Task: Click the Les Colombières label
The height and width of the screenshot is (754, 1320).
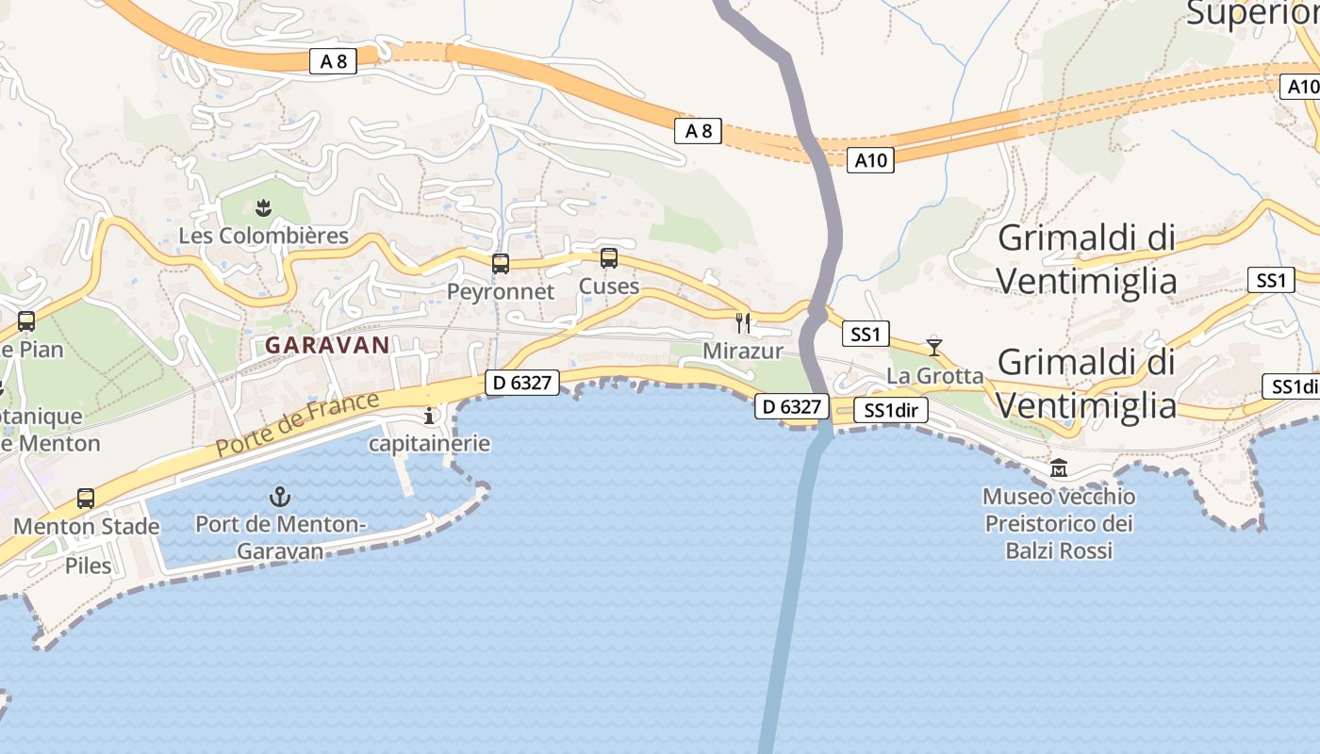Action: [x=263, y=236]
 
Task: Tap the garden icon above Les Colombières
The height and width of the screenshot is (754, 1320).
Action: [x=263, y=207]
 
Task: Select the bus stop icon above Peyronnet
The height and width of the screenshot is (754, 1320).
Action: [x=501, y=264]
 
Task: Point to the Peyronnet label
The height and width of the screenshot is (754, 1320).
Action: [x=501, y=291]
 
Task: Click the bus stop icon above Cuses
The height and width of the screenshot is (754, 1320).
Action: [x=609, y=257]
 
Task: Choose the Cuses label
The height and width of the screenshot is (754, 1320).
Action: [x=609, y=286]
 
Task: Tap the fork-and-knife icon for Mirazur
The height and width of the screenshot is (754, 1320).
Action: [x=743, y=323]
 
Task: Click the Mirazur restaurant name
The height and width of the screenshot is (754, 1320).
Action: [x=743, y=352]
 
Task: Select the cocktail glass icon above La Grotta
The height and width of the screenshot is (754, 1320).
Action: [x=933, y=346]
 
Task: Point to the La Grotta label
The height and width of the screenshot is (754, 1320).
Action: [x=934, y=375]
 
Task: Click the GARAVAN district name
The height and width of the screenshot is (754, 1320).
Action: [x=327, y=345]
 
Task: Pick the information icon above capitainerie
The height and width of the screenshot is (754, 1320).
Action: [x=430, y=416]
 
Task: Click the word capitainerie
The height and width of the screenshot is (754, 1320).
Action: [x=430, y=443]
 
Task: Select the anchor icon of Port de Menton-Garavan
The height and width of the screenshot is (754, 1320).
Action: [x=280, y=497]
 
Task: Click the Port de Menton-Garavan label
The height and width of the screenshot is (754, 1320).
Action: [x=280, y=537]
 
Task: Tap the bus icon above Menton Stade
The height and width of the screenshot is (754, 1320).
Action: [x=86, y=498]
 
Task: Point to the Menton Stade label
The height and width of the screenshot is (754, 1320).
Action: [x=87, y=526]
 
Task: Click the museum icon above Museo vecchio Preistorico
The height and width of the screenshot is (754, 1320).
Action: [x=1059, y=468]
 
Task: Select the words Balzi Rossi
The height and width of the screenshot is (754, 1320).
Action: [x=1059, y=550]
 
